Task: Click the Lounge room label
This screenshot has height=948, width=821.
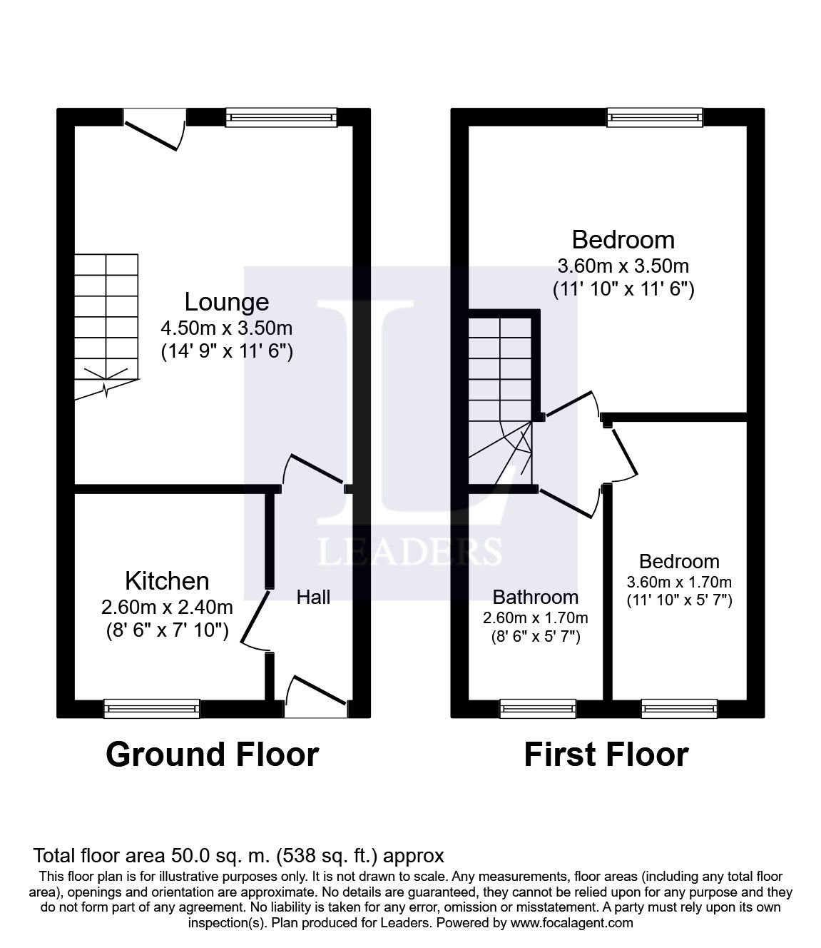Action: click(x=227, y=302)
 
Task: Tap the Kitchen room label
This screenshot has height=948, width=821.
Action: click(x=167, y=580)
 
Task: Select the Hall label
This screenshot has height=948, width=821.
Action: click(x=313, y=597)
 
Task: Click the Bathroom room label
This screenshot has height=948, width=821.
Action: click(x=536, y=597)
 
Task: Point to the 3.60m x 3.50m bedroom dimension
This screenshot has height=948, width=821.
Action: click(x=623, y=266)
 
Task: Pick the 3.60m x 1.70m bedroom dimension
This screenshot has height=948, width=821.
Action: click(x=679, y=582)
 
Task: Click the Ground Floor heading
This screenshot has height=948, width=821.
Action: click(x=212, y=755)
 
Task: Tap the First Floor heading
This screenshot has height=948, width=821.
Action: click(x=606, y=755)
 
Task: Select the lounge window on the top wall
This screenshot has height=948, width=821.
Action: click(x=280, y=117)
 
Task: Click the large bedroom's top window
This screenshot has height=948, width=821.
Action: click(x=654, y=117)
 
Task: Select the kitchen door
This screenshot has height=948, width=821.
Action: click(x=256, y=620)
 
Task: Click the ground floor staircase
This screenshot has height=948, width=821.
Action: click(x=107, y=325)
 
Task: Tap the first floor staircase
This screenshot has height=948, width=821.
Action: click(x=501, y=400)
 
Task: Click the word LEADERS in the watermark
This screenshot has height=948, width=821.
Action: click(x=409, y=551)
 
